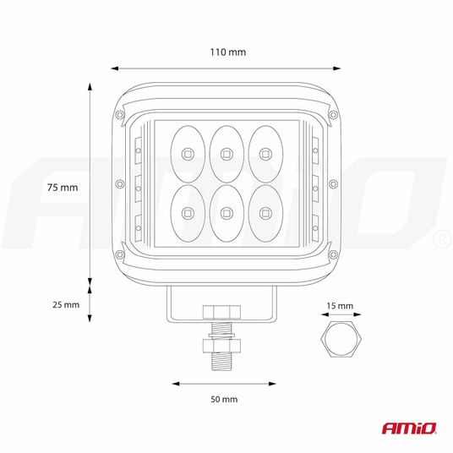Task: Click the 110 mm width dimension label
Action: point(227,52)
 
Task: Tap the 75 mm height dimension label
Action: point(63,188)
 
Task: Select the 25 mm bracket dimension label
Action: point(66,304)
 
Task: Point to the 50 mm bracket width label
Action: point(224,399)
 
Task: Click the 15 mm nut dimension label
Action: point(340,306)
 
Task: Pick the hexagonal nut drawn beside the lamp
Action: point(341,338)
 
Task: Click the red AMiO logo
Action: point(409,428)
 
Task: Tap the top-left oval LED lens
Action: point(188,154)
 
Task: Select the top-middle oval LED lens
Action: point(226,154)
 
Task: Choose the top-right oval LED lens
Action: point(265,154)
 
